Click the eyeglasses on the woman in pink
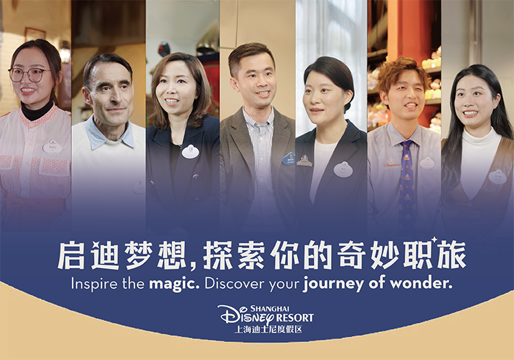28,75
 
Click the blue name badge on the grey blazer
289,158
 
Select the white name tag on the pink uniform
52,147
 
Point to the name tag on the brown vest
498,177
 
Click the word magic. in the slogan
174,284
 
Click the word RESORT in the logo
295,317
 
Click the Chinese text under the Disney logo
268,330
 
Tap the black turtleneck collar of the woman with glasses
36,112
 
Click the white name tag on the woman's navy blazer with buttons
191,152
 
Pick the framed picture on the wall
35,34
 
